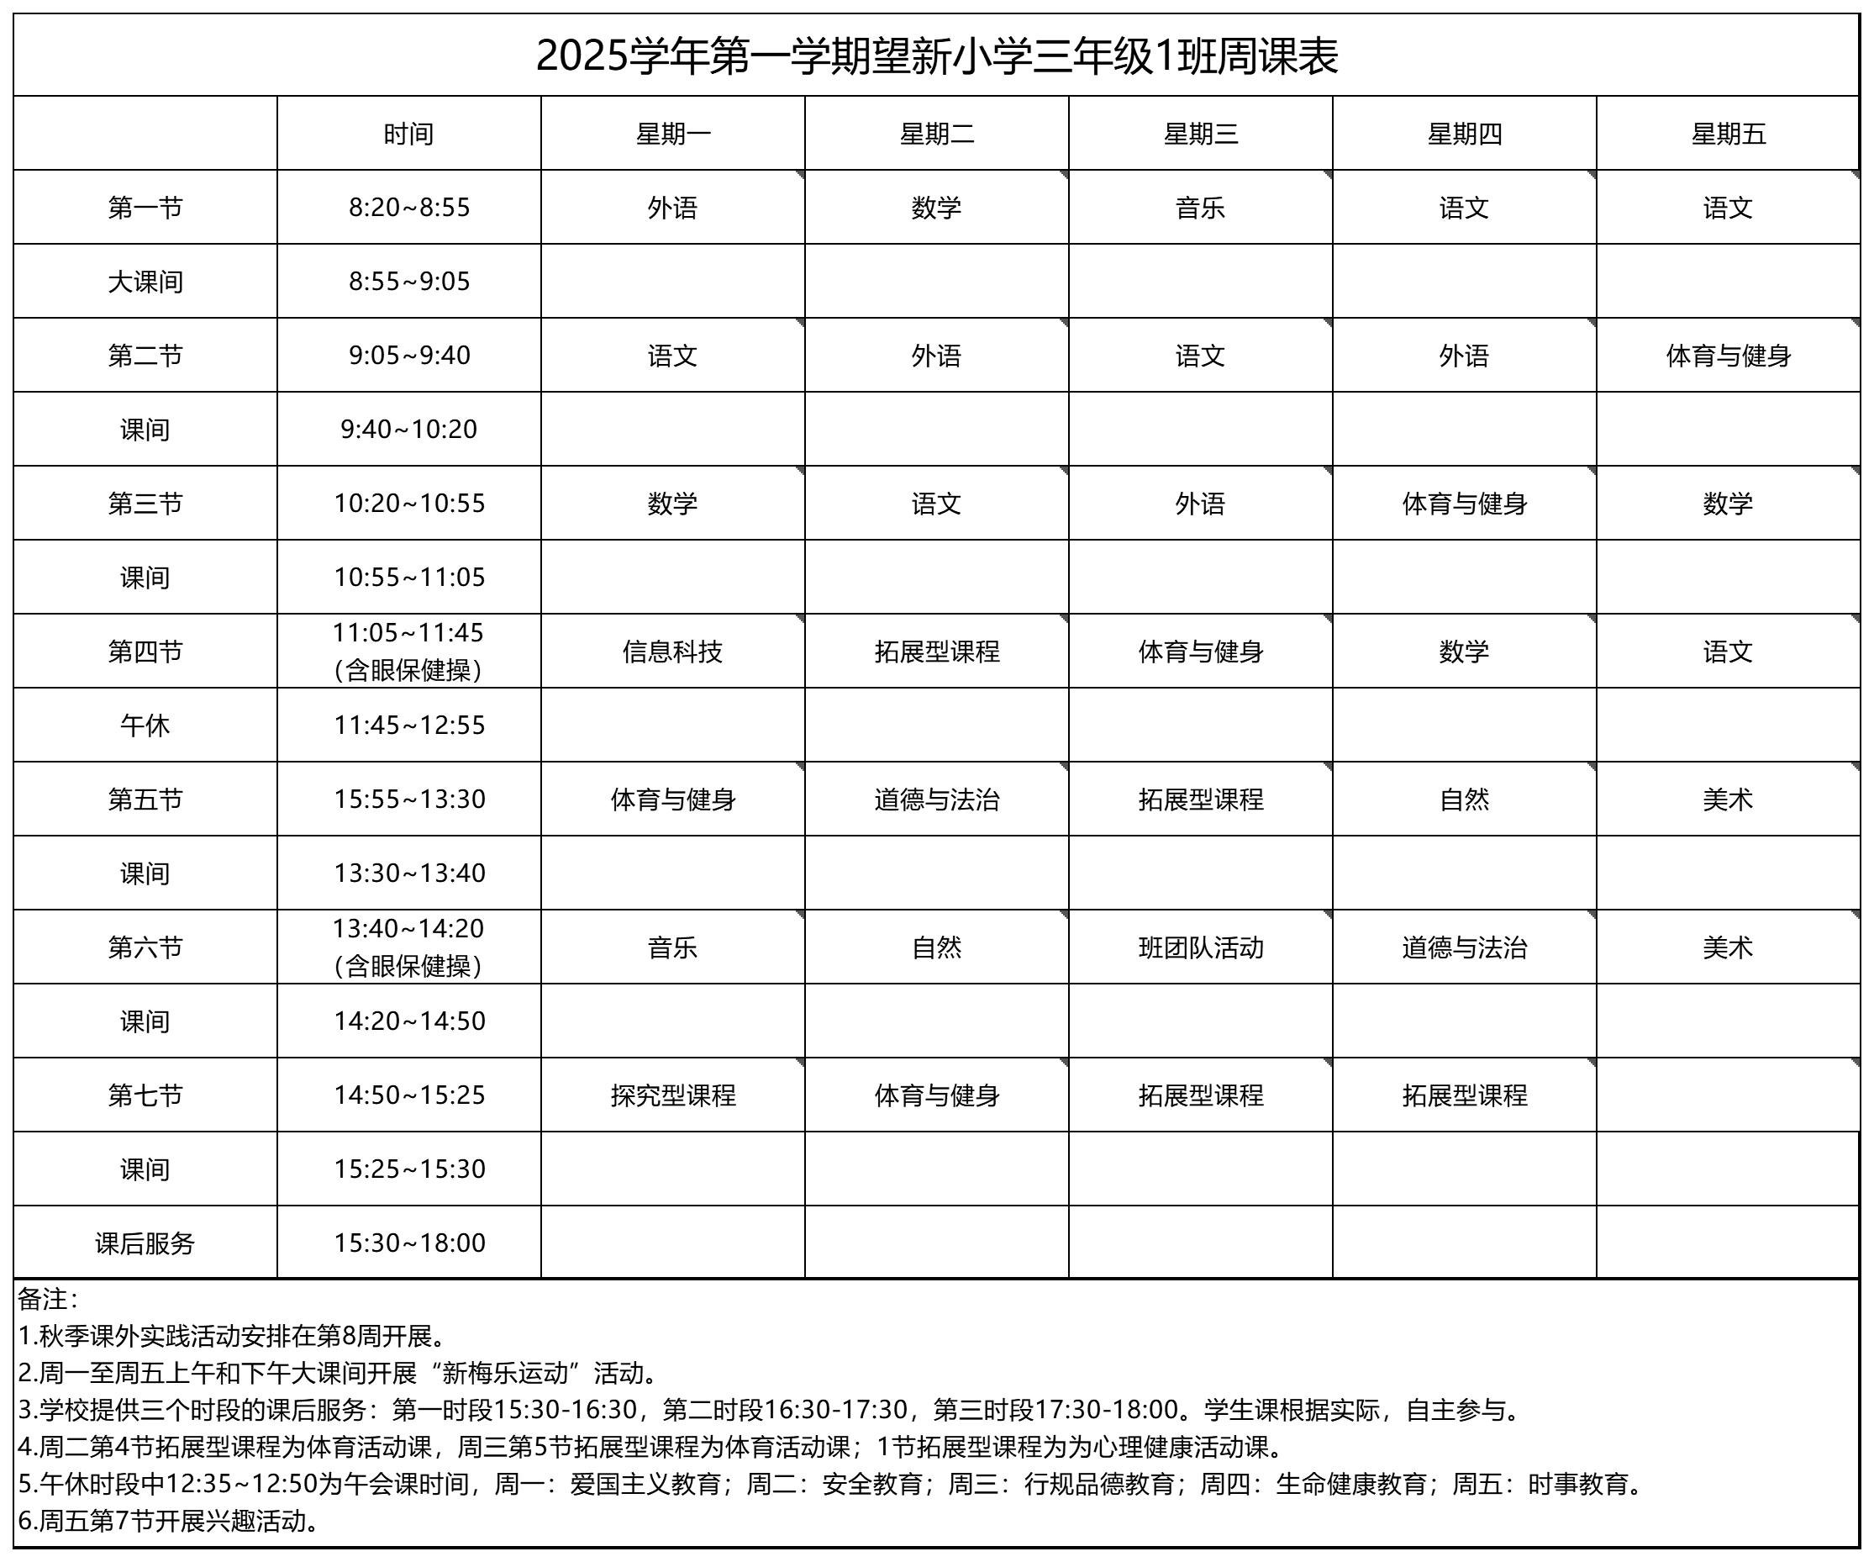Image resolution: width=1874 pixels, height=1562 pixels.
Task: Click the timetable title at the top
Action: [936, 56]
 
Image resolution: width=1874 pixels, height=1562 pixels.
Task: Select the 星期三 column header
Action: [1200, 134]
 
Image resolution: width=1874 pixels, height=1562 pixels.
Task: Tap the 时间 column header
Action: [408, 134]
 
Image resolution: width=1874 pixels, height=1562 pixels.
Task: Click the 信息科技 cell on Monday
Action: [672, 652]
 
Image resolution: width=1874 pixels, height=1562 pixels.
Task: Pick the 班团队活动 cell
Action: [1200, 947]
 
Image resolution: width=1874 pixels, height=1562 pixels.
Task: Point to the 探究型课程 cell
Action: [672, 1095]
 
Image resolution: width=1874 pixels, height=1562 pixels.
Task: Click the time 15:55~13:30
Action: [408, 799]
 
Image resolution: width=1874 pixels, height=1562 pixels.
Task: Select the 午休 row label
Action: [145, 725]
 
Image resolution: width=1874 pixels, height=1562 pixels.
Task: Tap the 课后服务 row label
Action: [145, 1243]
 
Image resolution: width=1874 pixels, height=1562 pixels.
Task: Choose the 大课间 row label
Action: [145, 281]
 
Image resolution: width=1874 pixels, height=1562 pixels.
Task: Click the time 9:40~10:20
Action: [408, 430]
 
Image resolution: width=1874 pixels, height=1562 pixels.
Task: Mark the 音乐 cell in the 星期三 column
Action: [1200, 208]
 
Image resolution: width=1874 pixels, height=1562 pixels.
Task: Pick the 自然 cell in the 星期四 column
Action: [1464, 799]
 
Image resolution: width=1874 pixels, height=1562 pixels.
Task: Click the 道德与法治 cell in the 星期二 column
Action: [936, 799]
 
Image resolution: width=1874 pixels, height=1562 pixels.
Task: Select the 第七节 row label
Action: [145, 1095]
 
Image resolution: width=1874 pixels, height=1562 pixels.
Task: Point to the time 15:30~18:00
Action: [408, 1243]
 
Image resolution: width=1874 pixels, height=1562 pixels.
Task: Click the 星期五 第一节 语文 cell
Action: [1728, 208]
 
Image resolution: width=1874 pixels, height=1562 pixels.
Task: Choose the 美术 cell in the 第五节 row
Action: [1728, 799]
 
